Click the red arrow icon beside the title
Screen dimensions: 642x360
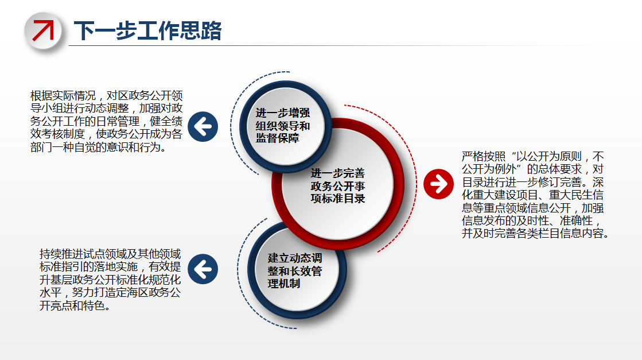[x=43, y=30]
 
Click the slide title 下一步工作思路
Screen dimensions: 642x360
[x=148, y=30]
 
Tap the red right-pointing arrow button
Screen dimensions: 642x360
[x=438, y=184]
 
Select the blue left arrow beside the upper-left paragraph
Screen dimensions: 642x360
[x=203, y=126]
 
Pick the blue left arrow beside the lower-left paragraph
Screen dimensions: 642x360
[x=203, y=269]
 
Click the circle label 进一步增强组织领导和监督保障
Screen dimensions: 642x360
[x=282, y=125]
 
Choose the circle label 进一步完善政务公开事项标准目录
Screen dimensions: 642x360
[x=337, y=186]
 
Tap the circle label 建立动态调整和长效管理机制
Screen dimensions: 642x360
[x=295, y=270]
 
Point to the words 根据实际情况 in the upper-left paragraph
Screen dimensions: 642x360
[x=63, y=95]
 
